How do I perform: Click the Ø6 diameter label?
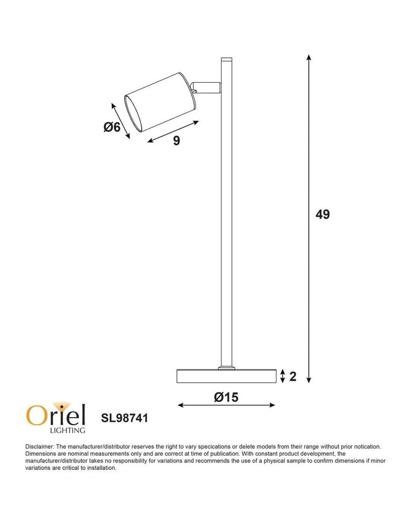112,127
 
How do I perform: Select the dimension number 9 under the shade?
176,141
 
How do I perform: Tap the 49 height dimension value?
322,214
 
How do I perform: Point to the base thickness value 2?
292,376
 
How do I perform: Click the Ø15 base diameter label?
226,397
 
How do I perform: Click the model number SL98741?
124,418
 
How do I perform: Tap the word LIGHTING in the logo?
67,430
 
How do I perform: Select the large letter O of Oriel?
35,415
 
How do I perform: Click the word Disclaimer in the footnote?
39,447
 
